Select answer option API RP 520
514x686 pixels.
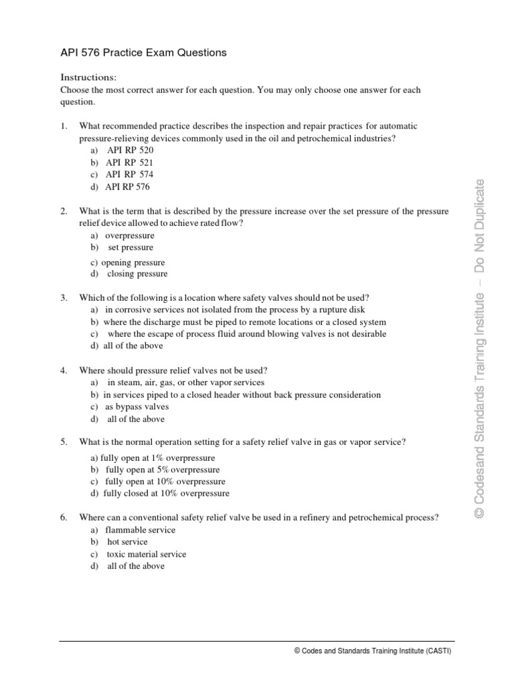(x=124, y=150)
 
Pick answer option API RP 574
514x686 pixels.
(x=124, y=174)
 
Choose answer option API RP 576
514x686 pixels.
(x=124, y=186)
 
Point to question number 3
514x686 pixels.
(x=64, y=297)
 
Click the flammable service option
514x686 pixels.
(x=133, y=530)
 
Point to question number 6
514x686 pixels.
(x=64, y=518)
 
